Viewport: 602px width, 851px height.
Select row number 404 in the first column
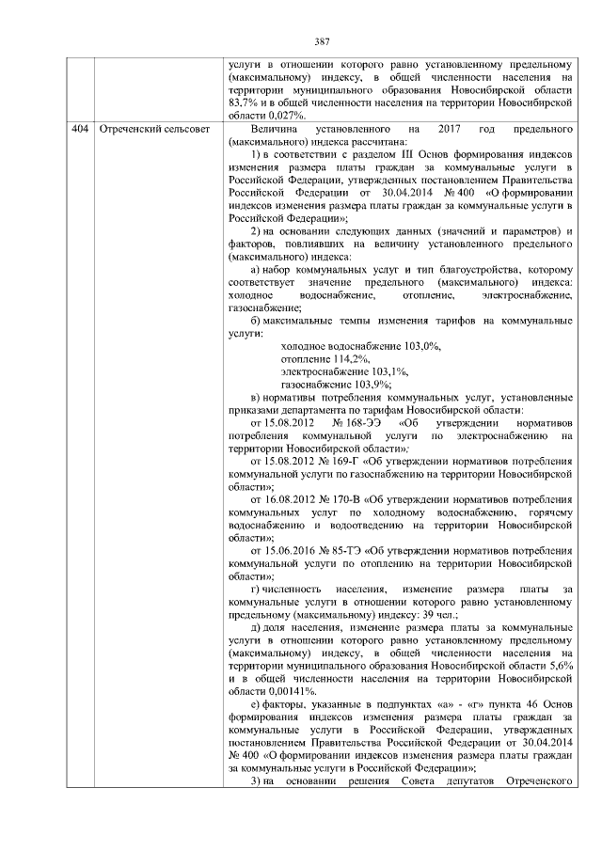point(80,127)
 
